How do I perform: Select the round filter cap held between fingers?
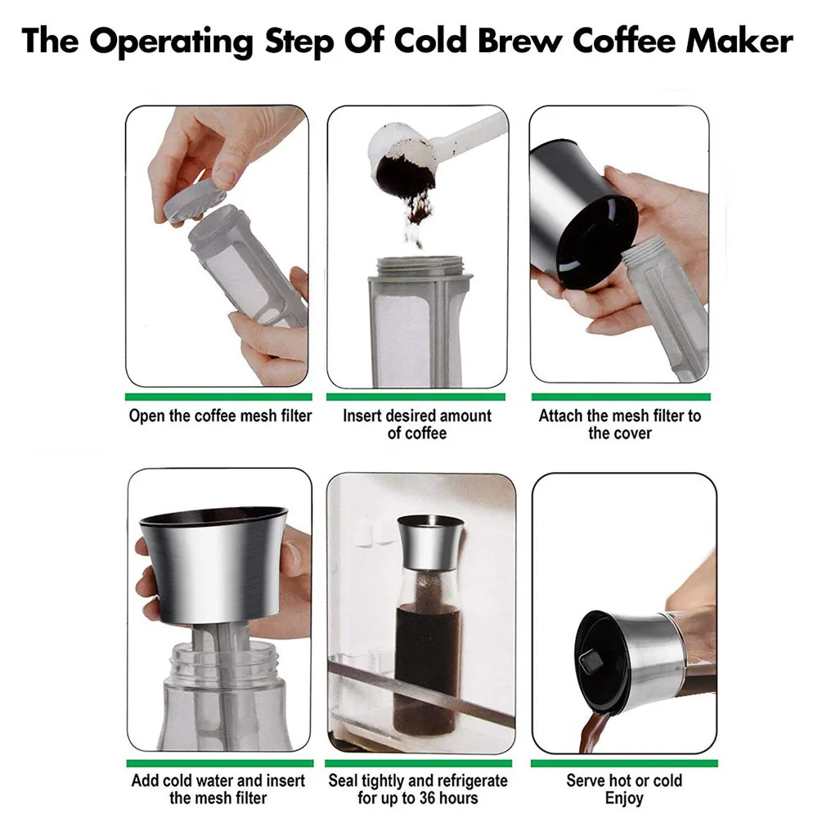pos(195,201)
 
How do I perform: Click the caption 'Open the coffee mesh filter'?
pos(220,416)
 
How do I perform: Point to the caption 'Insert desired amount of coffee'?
pos(417,424)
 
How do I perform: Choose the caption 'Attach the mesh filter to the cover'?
pos(620,424)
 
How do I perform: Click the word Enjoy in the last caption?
pos(624,798)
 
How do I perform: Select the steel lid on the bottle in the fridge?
pos(431,542)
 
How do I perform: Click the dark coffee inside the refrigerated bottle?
pos(428,667)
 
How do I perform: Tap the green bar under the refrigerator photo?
pos(418,763)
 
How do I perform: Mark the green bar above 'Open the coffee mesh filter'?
pos(218,397)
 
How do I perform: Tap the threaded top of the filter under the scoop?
pos(420,264)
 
